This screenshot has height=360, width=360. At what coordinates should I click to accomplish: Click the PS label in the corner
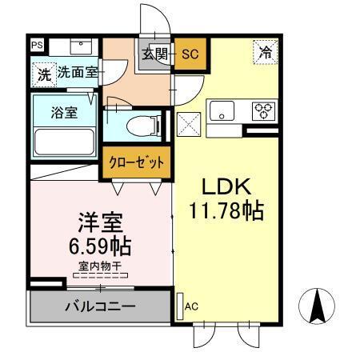38,46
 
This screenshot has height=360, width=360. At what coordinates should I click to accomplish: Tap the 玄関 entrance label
156,55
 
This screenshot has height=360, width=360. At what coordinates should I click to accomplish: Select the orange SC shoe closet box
190,55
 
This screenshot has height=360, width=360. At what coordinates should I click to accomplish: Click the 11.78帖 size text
226,212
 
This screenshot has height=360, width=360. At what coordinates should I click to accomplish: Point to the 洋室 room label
98,220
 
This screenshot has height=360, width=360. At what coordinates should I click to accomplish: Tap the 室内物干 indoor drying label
100,266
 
